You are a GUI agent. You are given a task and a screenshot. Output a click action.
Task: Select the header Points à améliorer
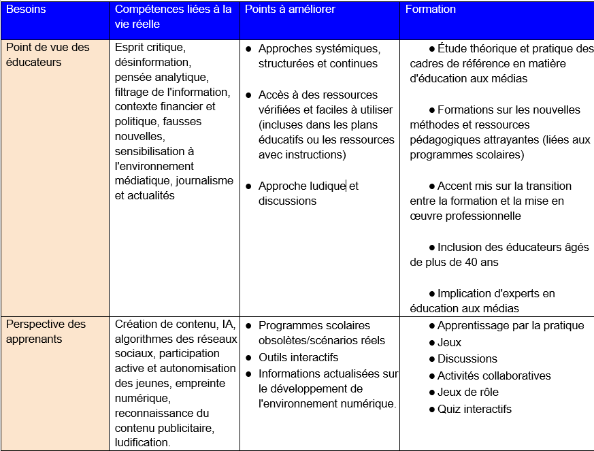[x=290, y=10]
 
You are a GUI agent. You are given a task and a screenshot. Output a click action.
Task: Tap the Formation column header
[x=431, y=10]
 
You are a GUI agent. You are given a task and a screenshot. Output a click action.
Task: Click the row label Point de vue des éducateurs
[x=48, y=54]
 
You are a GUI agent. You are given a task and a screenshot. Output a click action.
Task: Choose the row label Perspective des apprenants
[x=46, y=331]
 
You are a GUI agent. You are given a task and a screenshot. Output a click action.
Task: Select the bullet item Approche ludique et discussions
[x=308, y=193]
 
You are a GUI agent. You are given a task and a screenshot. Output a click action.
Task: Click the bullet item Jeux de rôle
[x=467, y=392]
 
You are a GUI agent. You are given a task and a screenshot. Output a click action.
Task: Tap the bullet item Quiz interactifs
[x=474, y=409]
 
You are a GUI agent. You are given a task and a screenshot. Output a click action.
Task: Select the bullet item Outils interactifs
[x=298, y=357]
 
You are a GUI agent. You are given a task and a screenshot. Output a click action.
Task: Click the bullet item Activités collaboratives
[x=494, y=375]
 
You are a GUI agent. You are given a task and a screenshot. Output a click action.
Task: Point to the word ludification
[x=142, y=442]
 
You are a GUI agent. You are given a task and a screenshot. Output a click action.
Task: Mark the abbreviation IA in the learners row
[x=227, y=324]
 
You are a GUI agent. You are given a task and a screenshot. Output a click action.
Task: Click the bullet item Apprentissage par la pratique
[x=510, y=325]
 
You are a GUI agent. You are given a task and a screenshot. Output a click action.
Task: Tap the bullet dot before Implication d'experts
[x=432, y=294]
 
